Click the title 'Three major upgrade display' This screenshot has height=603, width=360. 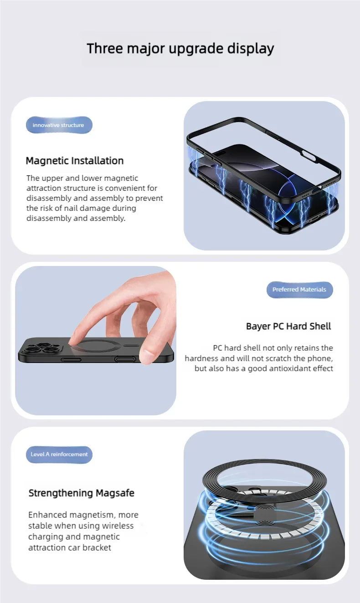click(180, 49)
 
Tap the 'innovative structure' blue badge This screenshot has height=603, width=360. click(59, 125)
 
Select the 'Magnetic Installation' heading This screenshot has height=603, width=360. click(75, 161)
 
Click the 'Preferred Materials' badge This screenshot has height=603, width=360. click(300, 289)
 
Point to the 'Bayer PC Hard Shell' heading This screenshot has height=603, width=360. click(288, 326)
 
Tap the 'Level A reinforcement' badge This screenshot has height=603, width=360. click(59, 455)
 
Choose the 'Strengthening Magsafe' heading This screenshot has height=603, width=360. click(81, 493)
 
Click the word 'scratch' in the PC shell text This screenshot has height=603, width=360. click(278, 358)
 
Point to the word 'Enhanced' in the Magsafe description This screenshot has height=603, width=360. click(48, 515)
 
